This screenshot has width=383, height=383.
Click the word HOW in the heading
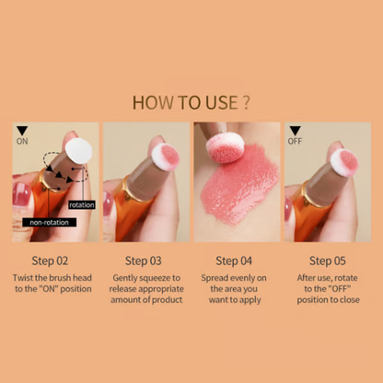[x=153, y=101]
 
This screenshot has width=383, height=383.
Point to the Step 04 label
[x=237, y=261]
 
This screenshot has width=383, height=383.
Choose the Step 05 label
[x=329, y=261]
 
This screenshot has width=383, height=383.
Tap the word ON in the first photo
[x=23, y=142]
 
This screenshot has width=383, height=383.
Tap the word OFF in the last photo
[x=296, y=142]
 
